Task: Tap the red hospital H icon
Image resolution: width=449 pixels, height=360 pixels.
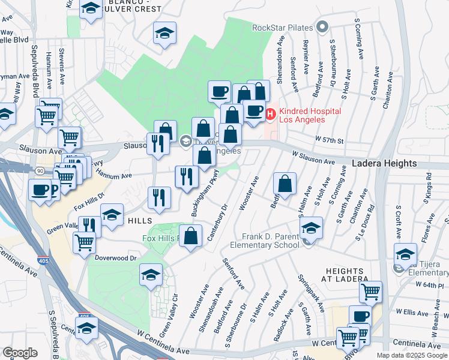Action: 270,112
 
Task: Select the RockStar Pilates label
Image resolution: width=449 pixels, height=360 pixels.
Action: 283,27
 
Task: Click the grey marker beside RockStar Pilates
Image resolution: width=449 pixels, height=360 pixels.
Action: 323,26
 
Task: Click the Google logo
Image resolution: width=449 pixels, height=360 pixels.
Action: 20,353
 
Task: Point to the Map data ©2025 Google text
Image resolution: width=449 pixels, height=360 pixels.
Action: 411,355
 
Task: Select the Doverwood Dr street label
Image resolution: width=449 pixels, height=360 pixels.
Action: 116,257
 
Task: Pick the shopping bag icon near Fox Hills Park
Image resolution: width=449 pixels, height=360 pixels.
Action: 191,236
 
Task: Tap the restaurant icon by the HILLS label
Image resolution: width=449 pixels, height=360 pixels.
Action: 159,197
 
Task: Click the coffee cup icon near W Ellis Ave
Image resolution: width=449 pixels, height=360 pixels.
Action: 360,316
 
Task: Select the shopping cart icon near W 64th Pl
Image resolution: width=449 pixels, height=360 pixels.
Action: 370,292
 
